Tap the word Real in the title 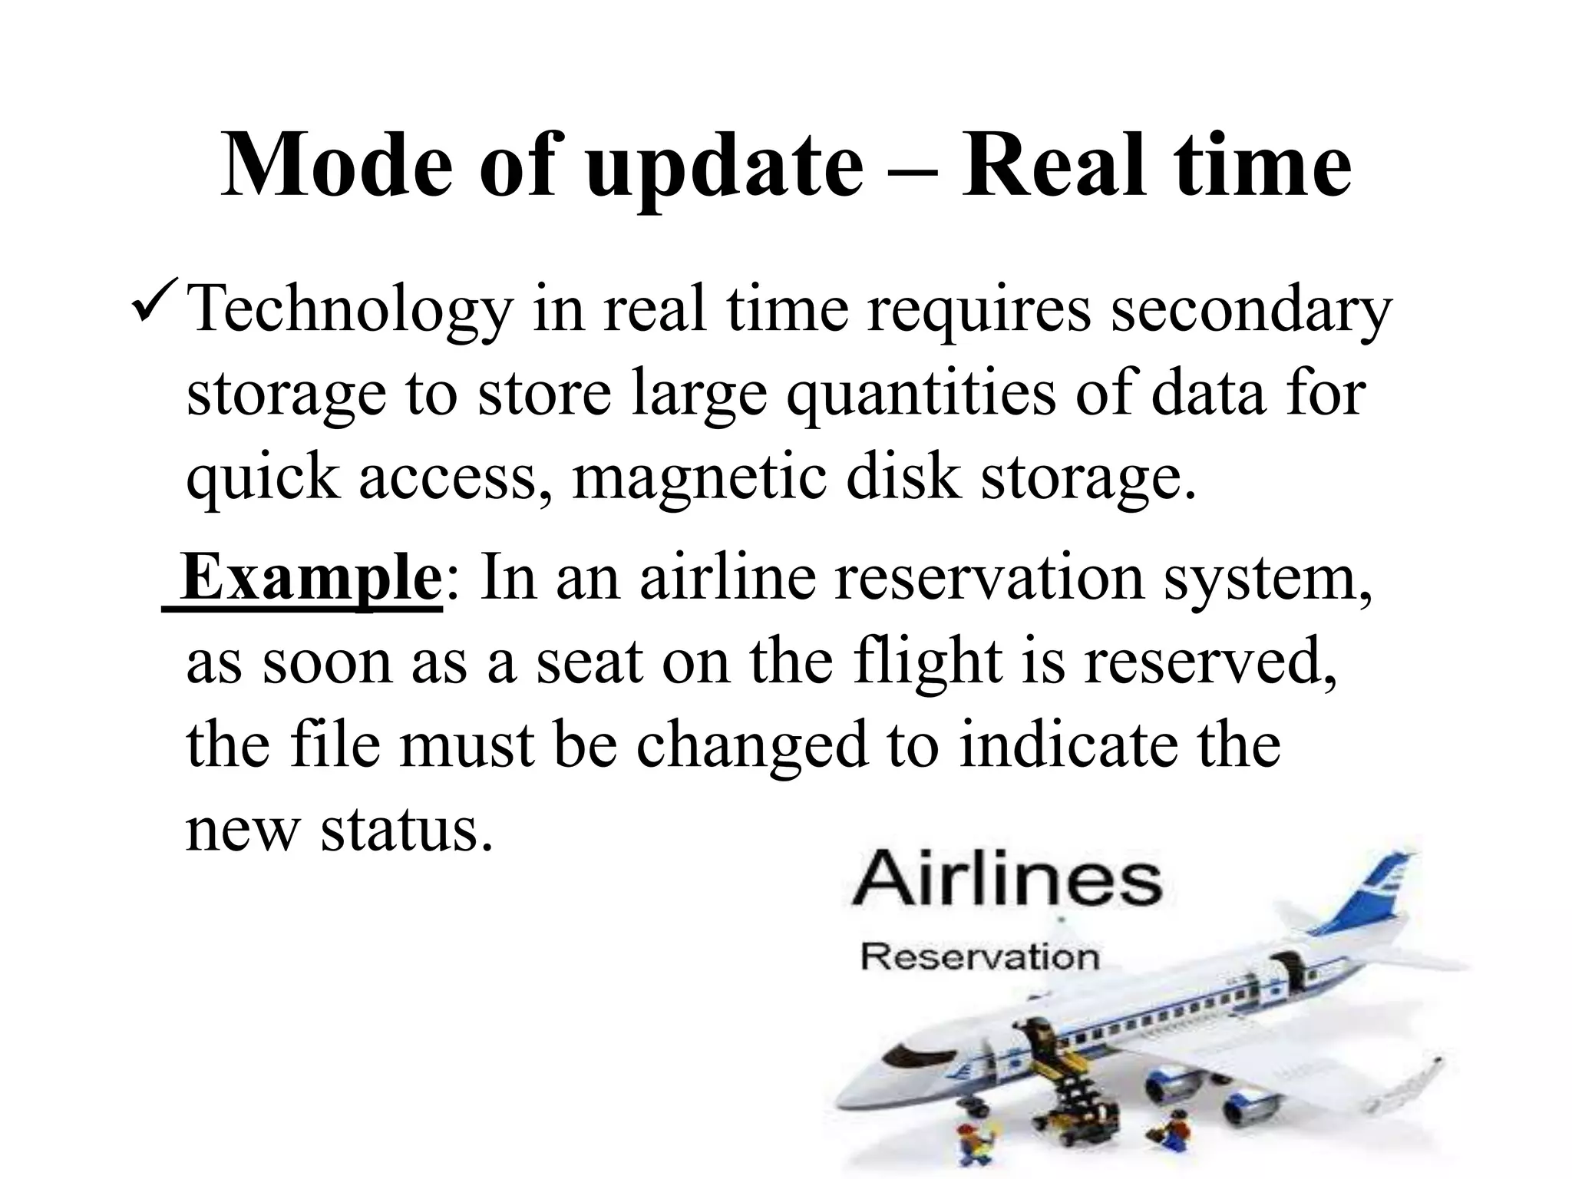pos(1060,164)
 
